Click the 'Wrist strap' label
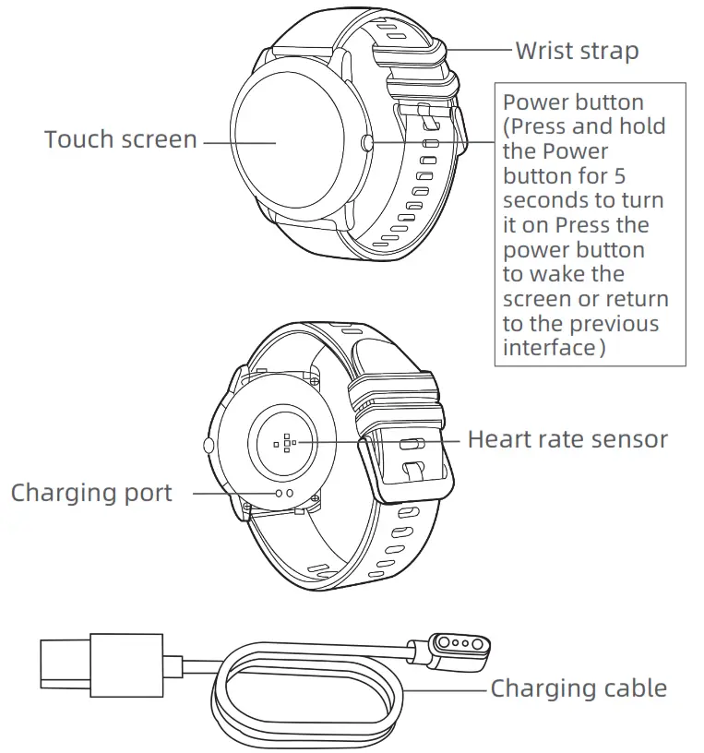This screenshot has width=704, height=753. (577, 50)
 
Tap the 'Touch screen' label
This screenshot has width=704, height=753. (121, 139)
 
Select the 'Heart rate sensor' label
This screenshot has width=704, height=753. (567, 438)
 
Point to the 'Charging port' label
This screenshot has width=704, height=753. (91, 493)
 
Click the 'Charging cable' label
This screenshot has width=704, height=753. (579, 687)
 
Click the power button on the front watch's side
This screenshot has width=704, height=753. (367, 142)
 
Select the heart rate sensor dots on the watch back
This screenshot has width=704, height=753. (287, 442)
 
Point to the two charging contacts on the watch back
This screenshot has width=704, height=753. (285, 494)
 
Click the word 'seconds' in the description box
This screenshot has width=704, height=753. (542, 200)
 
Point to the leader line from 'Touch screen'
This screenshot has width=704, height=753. (239, 142)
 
